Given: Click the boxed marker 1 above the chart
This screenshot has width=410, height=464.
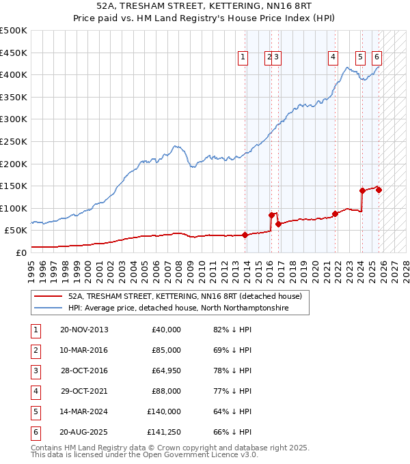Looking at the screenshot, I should (243, 58).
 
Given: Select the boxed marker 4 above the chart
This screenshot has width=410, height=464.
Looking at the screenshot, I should (333, 58).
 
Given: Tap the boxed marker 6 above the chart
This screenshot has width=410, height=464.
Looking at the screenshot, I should (377, 58).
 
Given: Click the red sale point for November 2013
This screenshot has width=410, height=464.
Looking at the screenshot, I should (245, 235).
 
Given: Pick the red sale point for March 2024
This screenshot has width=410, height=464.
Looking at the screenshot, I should (362, 190).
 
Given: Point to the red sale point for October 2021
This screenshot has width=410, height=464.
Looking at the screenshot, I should (336, 214).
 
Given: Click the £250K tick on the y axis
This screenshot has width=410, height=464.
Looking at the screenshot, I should (14, 141).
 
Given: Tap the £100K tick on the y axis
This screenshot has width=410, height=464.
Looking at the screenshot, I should (14, 208).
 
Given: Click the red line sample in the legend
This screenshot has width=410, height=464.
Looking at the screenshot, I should (49, 296).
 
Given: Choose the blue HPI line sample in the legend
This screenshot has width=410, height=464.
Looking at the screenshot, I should (49, 308).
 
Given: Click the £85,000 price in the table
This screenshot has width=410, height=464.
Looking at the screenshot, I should (166, 350).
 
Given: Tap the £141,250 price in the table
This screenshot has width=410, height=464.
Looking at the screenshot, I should (164, 432).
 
